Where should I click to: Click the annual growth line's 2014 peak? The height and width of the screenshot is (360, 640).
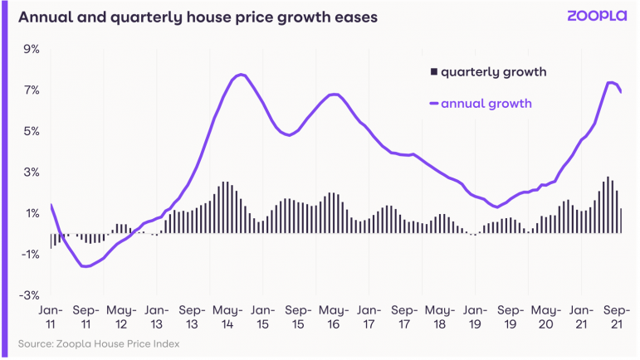pyautogui.click(x=240, y=75)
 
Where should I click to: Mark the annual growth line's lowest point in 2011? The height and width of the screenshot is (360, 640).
pyautogui.click(x=84, y=266)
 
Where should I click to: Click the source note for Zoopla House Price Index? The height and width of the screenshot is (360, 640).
pyautogui.click(x=98, y=343)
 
